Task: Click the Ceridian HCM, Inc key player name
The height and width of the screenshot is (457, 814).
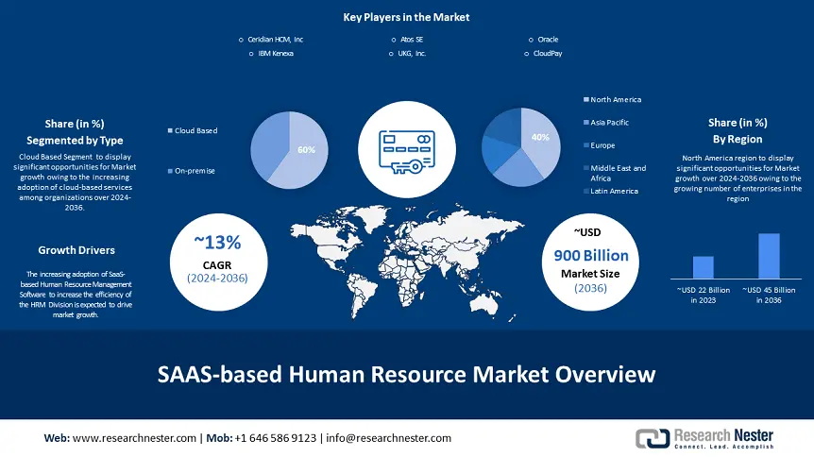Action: (275, 40)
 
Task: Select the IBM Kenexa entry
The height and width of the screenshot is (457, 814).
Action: (276, 54)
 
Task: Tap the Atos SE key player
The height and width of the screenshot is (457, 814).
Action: (412, 40)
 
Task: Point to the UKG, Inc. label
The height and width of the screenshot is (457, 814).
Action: (412, 54)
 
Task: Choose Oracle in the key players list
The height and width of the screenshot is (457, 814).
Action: (548, 40)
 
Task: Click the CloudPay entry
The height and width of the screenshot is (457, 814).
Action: (548, 54)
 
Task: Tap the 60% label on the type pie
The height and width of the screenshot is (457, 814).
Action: (306, 150)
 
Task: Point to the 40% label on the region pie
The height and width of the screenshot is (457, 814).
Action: (540, 138)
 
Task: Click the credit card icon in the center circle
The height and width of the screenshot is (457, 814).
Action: (407, 152)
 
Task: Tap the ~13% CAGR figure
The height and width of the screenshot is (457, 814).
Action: (217, 242)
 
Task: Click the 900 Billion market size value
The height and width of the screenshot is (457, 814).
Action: (591, 256)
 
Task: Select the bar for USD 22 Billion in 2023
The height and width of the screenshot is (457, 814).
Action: (703, 267)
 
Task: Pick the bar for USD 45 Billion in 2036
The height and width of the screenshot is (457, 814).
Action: (769, 256)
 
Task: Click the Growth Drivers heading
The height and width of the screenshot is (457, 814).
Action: (76, 250)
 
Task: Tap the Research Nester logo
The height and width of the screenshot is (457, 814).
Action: (704, 439)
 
